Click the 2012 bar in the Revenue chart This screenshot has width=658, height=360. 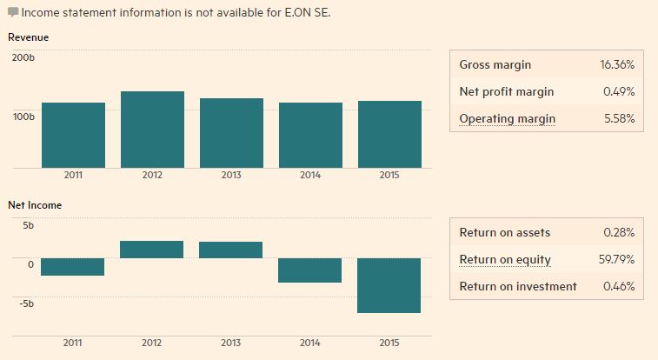point(152,130)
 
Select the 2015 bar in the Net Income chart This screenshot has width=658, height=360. point(389,285)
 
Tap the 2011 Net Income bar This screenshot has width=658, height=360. point(73,267)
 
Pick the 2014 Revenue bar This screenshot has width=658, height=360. point(310,135)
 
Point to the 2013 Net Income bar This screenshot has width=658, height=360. point(231,250)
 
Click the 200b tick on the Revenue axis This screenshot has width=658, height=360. point(24,57)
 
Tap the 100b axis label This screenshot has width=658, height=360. point(24,116)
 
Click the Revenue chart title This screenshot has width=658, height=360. point(28,37)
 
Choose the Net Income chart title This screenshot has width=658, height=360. point(35,205)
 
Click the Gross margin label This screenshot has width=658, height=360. point(495,65)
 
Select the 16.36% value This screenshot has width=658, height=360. point(617,65)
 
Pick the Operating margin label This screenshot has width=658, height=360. point(507,119)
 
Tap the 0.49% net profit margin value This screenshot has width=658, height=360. point(619,92)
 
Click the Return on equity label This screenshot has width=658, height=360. point(505,260)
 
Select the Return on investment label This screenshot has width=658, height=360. point(518,286)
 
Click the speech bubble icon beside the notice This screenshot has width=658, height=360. point(13,13)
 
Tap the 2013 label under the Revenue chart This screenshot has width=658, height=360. point(231,175)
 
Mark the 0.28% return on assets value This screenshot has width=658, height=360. point(619,233)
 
